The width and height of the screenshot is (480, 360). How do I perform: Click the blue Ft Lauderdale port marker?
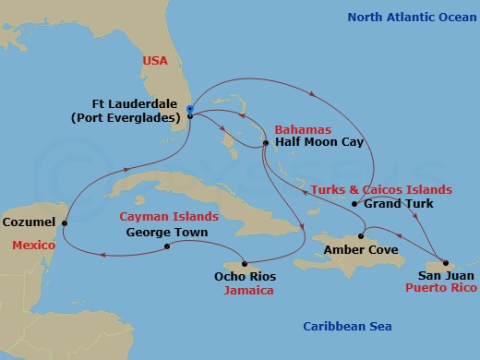click(x=189, y=110)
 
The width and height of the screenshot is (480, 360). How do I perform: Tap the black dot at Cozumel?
click(x=65, y=222)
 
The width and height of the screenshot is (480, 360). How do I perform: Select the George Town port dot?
click(x=166, y=246)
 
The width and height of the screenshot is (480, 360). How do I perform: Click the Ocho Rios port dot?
click(x=244, y=261)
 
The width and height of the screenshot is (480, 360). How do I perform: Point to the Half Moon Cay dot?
click(x=265, y=143)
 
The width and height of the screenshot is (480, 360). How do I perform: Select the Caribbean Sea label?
click(x=348, y=327)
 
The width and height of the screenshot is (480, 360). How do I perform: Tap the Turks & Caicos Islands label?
click(x=381, y=189)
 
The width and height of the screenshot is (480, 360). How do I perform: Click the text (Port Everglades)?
click(x=136, y=117)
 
